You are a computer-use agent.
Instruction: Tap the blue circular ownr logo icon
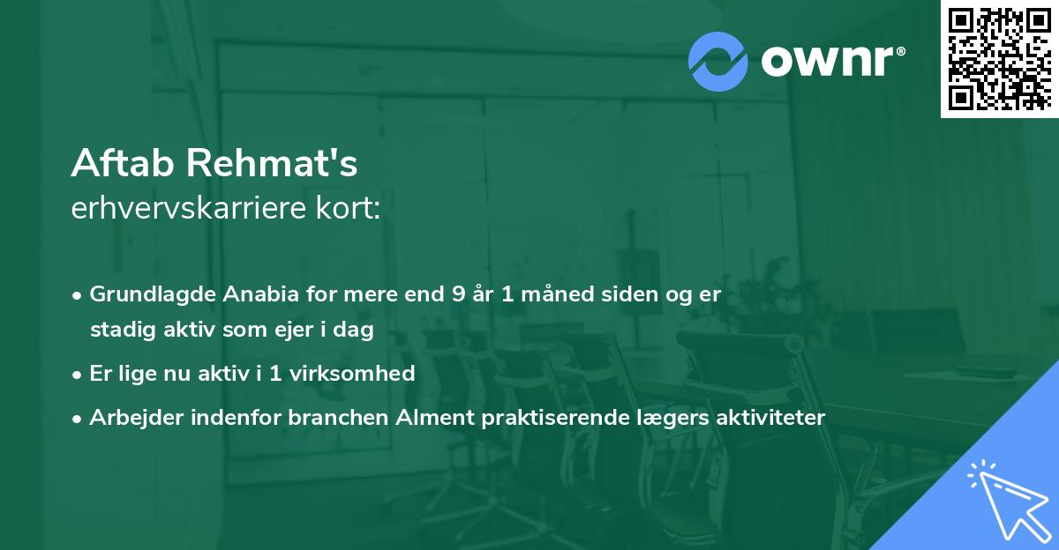point(718,61)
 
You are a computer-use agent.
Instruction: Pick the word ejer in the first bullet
point(304,330)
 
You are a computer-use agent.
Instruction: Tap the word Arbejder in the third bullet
point(129,418)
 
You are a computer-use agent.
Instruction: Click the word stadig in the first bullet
point(118,330)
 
